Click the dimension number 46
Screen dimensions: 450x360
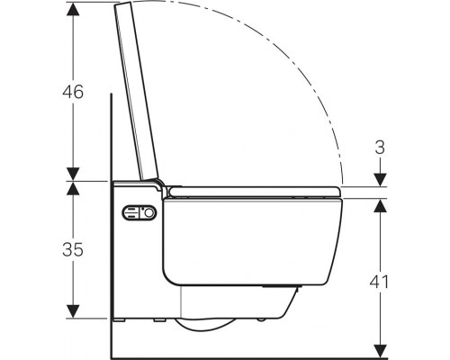click(73, 92)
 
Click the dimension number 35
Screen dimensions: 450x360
click(73, 249)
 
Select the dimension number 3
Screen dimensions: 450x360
click(380, 148)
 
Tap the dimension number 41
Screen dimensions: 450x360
click(380, 282)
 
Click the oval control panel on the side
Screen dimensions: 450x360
click(139, 213)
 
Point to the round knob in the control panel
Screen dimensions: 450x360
click(149, 213)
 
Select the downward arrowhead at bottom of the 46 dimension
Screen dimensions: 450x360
click(73, 174)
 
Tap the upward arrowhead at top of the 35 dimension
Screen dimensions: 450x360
click(73, 188)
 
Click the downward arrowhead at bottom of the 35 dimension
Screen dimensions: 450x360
click(73, 311)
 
